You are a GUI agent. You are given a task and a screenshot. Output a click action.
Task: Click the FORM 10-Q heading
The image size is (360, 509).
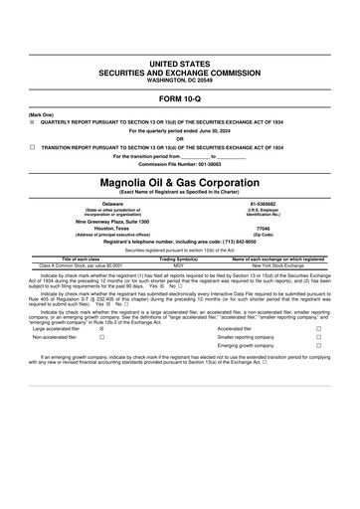click(180, 100)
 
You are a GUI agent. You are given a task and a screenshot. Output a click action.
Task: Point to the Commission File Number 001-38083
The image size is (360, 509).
click(180, 164)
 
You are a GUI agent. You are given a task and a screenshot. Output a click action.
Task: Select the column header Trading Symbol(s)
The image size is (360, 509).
click(179, 258)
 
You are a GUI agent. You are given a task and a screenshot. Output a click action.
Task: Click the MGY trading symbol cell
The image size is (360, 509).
click(179, 265)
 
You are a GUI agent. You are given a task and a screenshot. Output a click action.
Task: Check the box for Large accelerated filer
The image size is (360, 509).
click(102, 327)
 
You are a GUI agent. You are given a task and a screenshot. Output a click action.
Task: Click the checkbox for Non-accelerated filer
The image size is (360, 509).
click(102, 337)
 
